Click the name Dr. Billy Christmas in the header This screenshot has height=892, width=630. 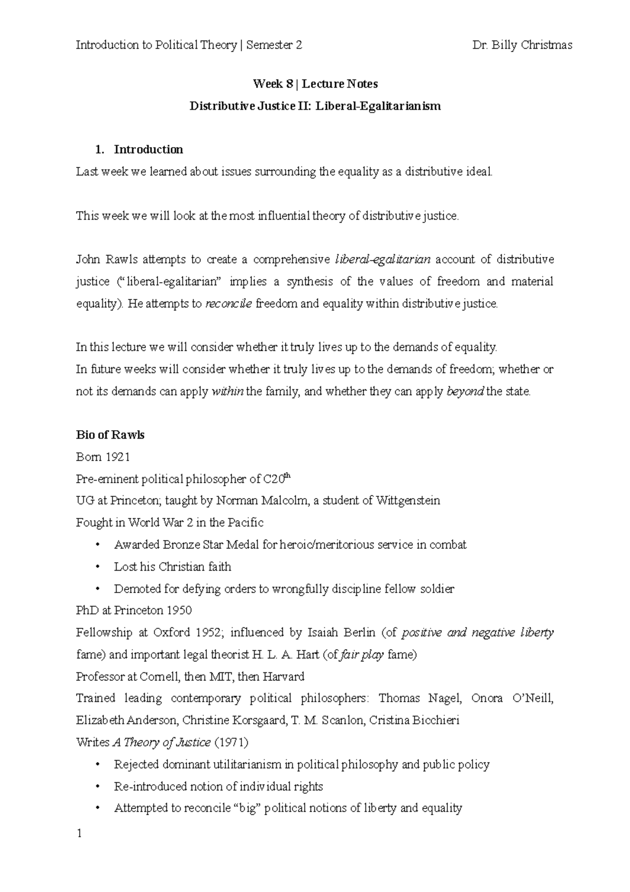tap(522, 45)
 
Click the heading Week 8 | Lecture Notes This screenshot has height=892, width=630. tap(315, 84)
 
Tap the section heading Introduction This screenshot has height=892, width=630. tap(148, 150)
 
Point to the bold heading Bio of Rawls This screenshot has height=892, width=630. tap(110, 435)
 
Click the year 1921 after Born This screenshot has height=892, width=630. tap(118, 457)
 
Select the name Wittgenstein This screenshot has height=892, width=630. tap(408, 501)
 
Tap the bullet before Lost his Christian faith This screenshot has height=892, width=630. tap(98, 567)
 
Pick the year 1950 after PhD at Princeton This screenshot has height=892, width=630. tap(179, 610)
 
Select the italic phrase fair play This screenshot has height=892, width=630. tap(362, 655)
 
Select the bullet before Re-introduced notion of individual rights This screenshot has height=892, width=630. tap(98, 787)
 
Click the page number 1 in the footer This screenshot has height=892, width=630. tap(79, 834)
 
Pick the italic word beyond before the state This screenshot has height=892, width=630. tap(465, 391)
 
